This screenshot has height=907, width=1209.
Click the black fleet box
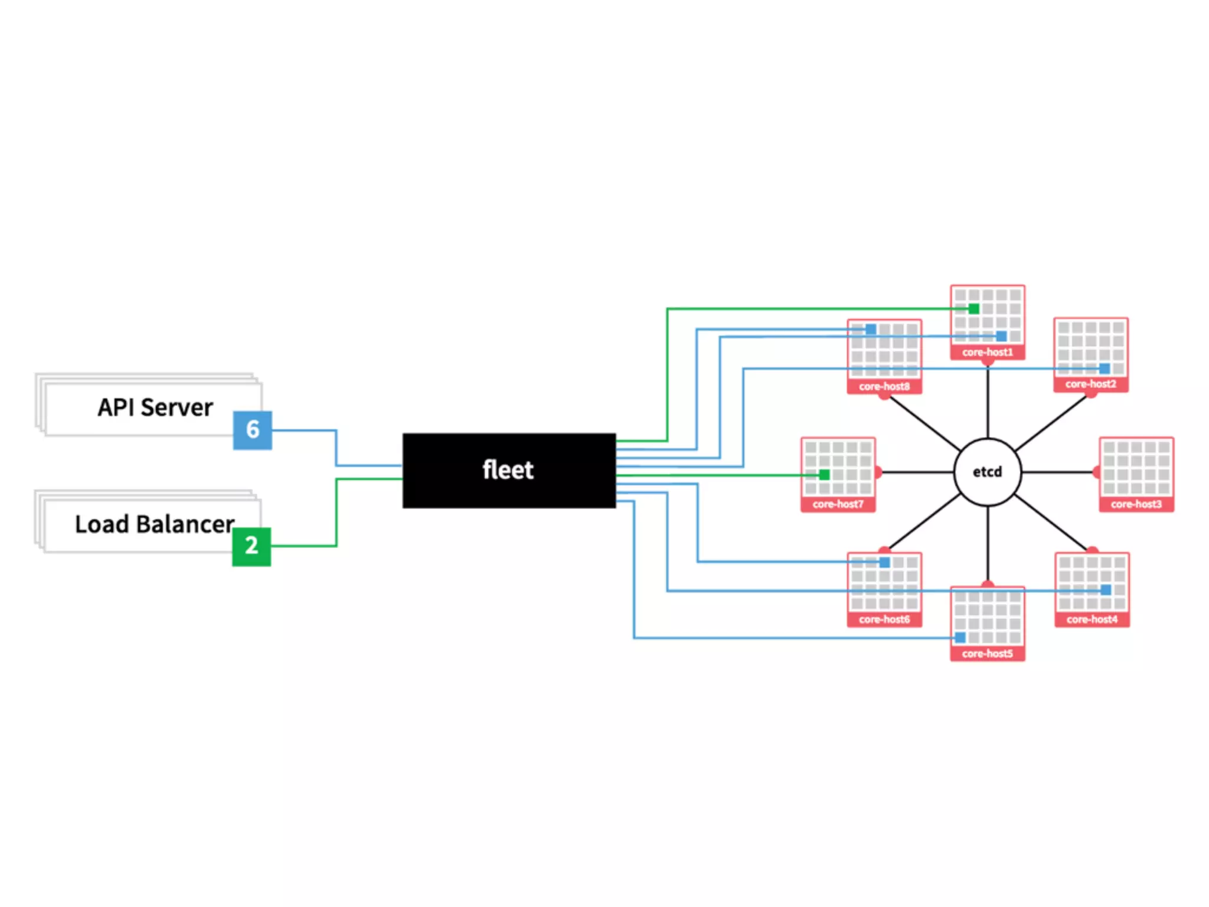tap(509, 471)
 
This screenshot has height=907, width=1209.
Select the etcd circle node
tap(987, 472)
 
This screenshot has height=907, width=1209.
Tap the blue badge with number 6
tap(253, 430)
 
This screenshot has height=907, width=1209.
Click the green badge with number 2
tap(251, 546)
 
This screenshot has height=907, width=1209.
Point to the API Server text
tap(155, 407)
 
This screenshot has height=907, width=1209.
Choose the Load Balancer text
tap(155, 524)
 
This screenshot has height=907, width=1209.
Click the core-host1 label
tap(987, 353)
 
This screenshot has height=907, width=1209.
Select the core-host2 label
tap(1091, 384)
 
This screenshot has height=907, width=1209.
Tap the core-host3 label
tap(1136, 504)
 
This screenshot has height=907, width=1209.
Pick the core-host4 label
tap(1092, 619)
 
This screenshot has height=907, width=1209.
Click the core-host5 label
tap(987, 654)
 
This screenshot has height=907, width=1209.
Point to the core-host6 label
tap(884, 619)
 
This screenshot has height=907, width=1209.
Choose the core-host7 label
tap(838, 504)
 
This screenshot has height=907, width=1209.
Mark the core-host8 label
tap(884, 387)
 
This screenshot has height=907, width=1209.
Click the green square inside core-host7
tap(825, 475)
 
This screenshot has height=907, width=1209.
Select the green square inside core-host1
tap(974, 308)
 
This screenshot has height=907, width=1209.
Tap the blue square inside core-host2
tap(1105, 368)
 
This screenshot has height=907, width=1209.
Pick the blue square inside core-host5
tap(960, 638)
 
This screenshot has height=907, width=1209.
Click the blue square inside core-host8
tap(871, 329)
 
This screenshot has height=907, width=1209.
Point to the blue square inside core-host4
tap(1106, 590)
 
